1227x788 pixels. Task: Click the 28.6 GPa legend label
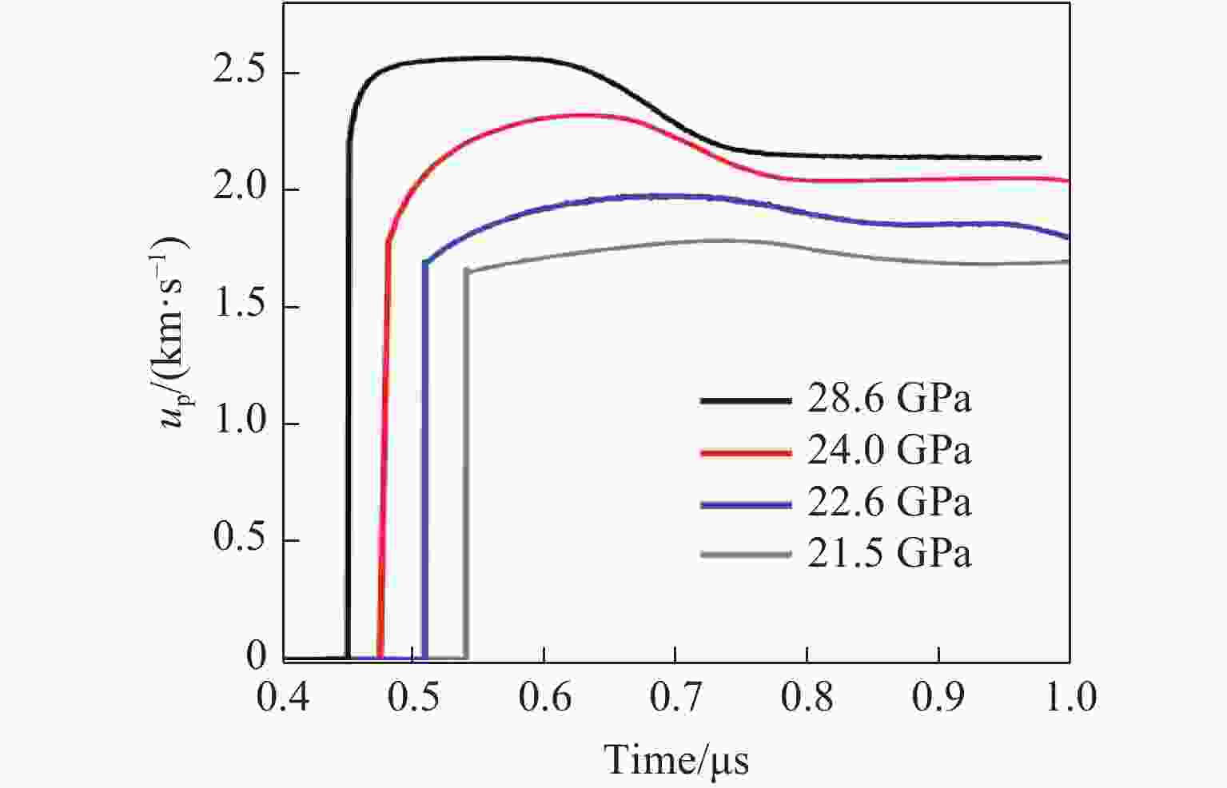click(889, 399)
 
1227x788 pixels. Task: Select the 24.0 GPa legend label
click(889, 451)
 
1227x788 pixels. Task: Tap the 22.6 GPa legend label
click(889, 503)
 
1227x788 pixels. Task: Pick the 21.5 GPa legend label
click(889, 554)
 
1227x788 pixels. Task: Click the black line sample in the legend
click(745, 400)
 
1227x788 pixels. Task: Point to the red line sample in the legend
click(745, 452)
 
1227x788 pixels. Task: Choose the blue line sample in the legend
click(745, 504)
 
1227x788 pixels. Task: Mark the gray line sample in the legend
click(745, 555)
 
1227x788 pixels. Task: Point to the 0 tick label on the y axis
click(256, 657)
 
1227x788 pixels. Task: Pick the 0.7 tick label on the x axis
click(676, 697)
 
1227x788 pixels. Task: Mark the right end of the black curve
click(1040, 157)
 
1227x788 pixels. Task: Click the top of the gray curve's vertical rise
click(467, 272)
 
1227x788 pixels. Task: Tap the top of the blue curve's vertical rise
click(425, 262)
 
